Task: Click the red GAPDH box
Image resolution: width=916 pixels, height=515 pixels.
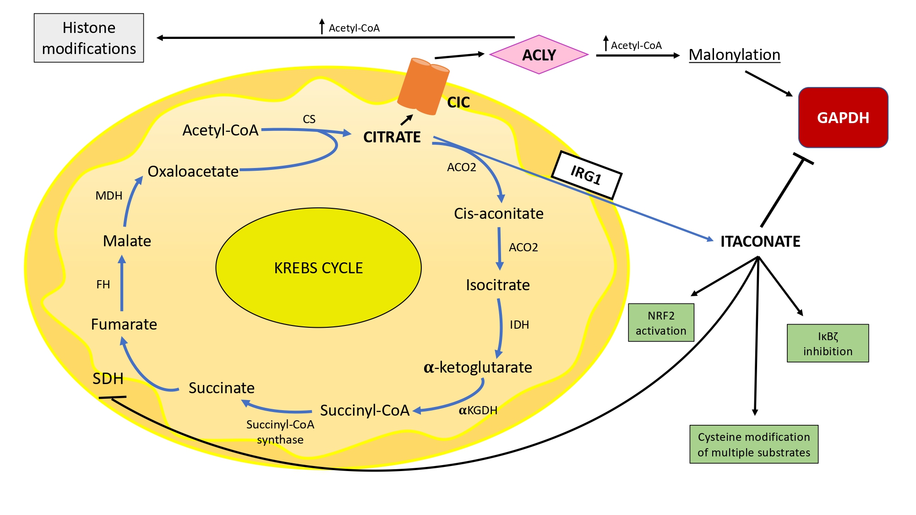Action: (843, 118)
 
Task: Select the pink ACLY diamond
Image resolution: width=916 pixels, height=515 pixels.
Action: (539, 55)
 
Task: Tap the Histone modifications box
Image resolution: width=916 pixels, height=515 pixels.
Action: (89, 38)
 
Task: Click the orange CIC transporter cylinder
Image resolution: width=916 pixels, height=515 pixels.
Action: (423, 86)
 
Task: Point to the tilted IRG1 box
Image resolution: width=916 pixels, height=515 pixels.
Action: (586, 175)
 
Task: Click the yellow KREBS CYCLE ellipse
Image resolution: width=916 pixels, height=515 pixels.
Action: (318, 268)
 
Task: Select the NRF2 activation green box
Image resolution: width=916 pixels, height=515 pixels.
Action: (661, 323)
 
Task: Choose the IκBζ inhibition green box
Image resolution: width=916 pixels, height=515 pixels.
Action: (828, 343)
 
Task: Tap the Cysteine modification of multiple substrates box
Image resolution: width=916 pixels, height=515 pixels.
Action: (754, 445)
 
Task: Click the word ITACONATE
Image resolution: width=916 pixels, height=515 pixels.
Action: (760, 241)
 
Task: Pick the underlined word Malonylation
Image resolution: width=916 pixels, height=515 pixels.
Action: (734, 55)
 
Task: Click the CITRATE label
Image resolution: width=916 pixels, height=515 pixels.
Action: (392, 137)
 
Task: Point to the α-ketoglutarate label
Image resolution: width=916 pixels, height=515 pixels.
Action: (478, 367)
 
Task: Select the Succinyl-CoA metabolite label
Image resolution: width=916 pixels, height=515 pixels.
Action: (365, 410)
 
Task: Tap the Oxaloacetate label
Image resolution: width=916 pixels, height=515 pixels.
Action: (193, 171)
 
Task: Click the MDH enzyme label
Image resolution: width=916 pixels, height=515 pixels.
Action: (109, 196)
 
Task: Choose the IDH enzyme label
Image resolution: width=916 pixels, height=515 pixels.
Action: (519, 325)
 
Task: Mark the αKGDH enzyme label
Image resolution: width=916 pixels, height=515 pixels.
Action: (478, 410)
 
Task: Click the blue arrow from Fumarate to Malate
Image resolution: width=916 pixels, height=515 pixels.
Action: (122, 284)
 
